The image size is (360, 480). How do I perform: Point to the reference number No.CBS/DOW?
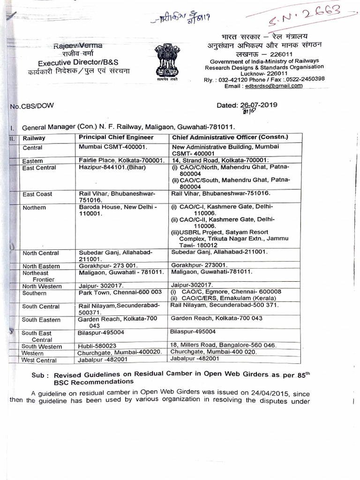click(x=31, y=106)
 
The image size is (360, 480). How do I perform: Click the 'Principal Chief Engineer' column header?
click(x=116, y=137)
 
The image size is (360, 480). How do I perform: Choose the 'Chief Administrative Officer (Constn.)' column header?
click(x=230, y=137)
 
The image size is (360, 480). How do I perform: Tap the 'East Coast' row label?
click(x=37, y=194)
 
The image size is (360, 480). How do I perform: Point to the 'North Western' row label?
click(x=42, y=286)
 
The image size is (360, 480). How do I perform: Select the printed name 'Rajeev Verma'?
click(x=77, y=45)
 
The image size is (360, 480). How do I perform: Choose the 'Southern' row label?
click(x=35, y=293)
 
